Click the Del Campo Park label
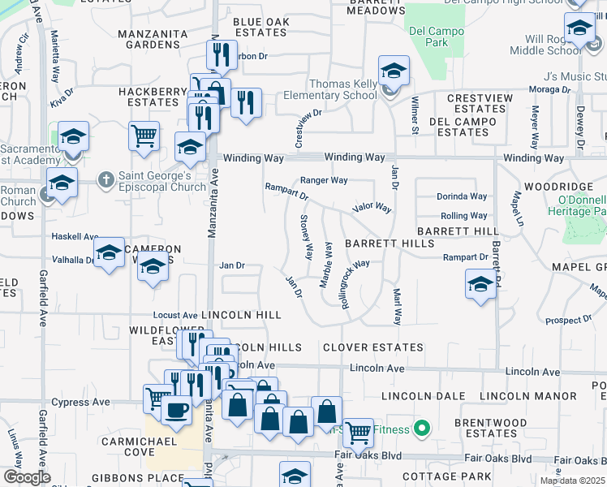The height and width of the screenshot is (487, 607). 428,37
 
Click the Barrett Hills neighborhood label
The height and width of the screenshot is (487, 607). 389,243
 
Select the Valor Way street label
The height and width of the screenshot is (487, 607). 372,209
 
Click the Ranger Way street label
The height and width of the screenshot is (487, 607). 324,180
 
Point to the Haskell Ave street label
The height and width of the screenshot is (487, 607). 74,236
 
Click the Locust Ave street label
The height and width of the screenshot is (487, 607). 175,315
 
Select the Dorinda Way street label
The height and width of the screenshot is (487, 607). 462,196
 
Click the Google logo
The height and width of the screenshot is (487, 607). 26,477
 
